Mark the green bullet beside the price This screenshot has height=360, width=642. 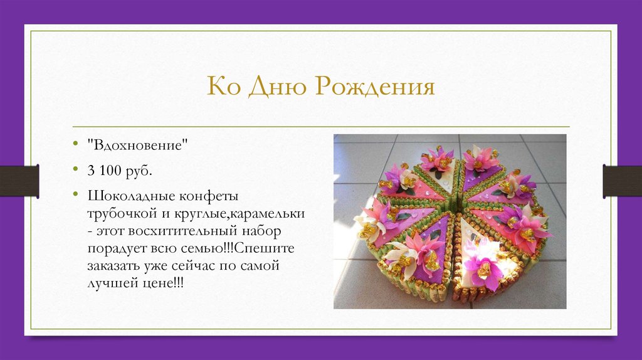(75, 170)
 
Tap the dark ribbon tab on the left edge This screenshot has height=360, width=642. (19, 181)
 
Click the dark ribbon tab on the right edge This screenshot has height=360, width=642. (622, 181)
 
